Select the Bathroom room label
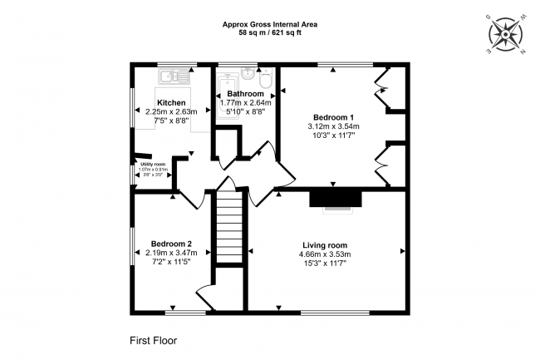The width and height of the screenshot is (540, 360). point(247,93)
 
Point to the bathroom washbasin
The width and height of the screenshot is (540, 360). point(247,74)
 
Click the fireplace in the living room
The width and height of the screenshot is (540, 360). point(336,198)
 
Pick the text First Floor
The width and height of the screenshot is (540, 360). point(153,340)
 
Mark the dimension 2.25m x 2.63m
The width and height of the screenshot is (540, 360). point(171,111)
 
